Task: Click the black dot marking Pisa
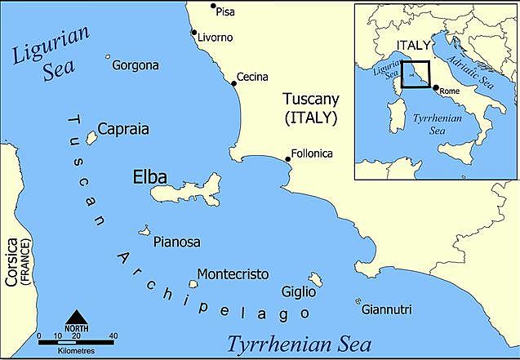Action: coord(214,7)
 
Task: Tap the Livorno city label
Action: coord(216,38)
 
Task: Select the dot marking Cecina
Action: coord(233,71)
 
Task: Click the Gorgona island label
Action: coord(136,65)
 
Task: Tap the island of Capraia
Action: coord(91,138)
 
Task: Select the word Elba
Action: coord(149,176)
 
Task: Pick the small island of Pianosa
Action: coord(145,231)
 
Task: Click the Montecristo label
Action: coord(233,275)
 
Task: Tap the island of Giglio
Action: coord(315,280)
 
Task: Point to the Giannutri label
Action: coord(386,309)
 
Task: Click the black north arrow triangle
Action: coord(76,317)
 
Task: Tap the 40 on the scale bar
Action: coord(113,336)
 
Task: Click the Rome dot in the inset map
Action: coord(434,88)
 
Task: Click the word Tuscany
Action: coord(310,100)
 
